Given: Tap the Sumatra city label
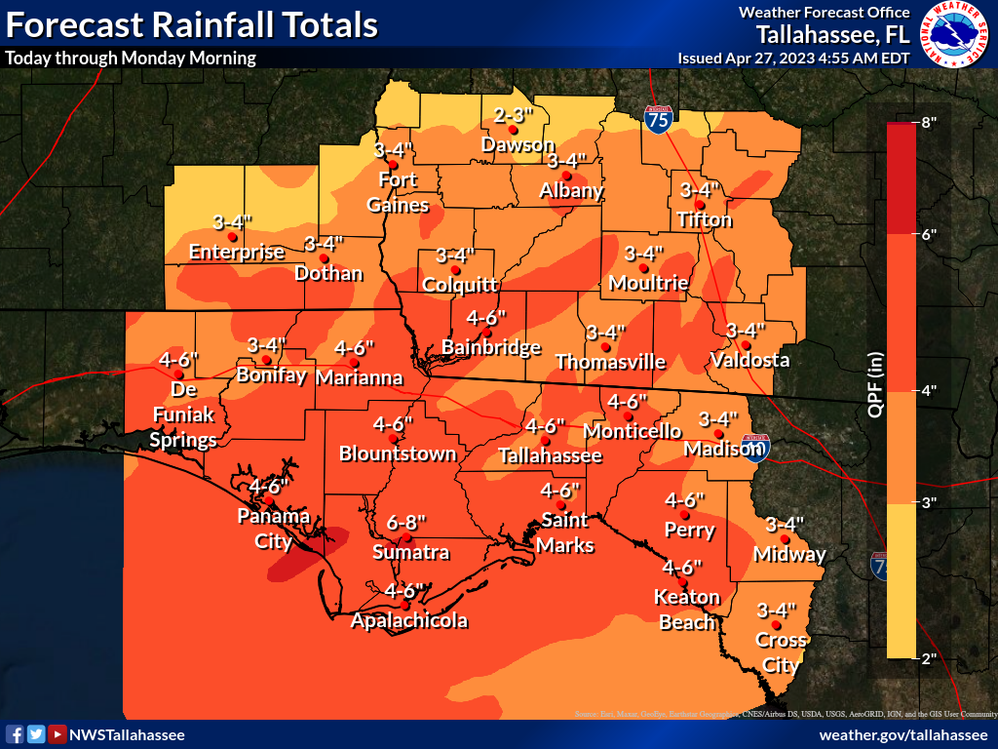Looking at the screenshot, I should point(410,553).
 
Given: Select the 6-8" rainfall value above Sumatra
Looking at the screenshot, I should point(410,522).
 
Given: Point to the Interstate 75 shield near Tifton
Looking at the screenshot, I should point(658,119).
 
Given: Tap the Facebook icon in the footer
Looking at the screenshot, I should point(15,734).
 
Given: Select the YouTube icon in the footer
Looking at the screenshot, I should point(58,734).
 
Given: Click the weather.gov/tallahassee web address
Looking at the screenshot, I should point(903,734).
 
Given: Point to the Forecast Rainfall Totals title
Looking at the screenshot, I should point(192,24).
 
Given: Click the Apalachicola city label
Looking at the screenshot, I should point(409,620).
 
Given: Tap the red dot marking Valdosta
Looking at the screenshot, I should point(746,344).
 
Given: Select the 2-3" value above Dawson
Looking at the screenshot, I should point(514,114).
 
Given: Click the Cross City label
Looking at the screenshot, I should point(781,653).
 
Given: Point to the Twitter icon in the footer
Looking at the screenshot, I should point(36,734).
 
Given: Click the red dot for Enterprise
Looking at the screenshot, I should point(232,236).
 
